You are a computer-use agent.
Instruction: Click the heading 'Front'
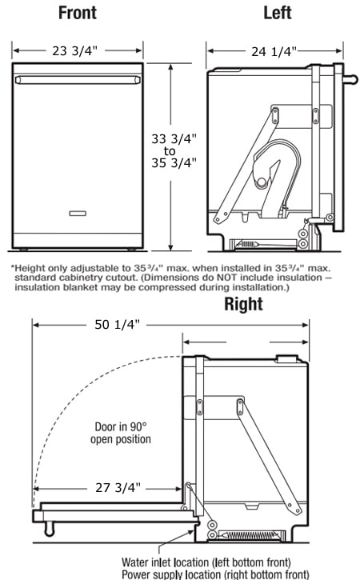pos(78,13)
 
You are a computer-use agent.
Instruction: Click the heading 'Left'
pos(278,13)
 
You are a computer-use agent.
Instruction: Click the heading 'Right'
pos(243,304)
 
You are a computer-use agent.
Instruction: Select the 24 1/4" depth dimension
pos(273,51)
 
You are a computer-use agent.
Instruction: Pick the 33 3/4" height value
pos(174,138)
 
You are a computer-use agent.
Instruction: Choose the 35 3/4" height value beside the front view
pos(174,163)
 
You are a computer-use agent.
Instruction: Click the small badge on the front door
pos(78,213)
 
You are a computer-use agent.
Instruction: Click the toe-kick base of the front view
pos(78,240)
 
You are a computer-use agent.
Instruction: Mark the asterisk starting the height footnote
pos(13,266)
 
